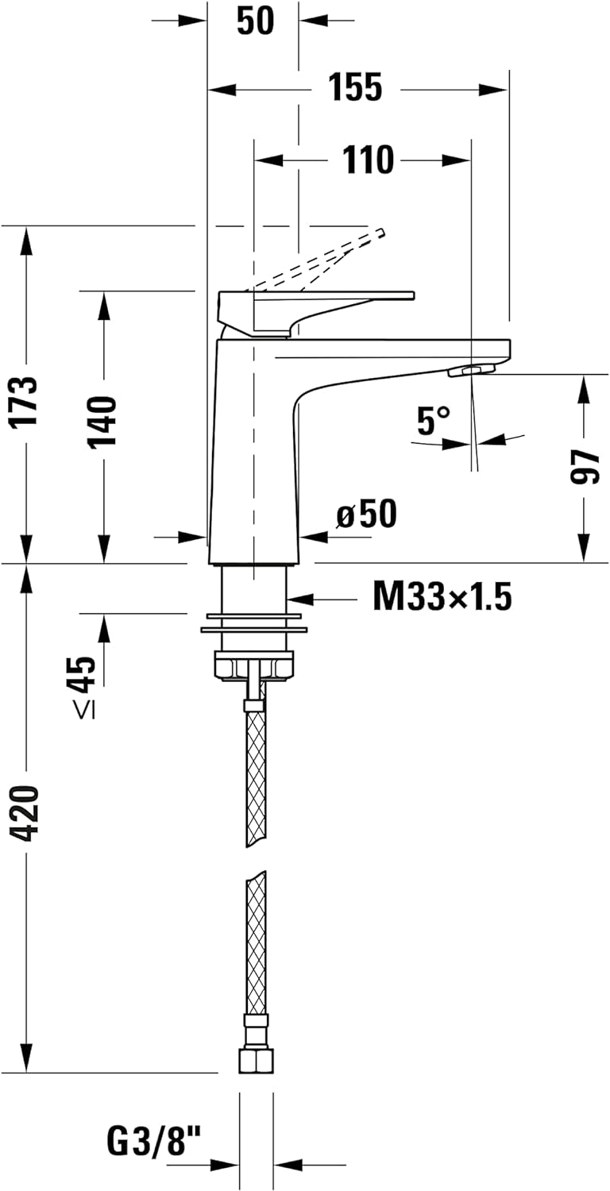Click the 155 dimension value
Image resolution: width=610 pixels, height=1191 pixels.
(356, 88)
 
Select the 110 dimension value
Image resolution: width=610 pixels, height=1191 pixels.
(368, 160)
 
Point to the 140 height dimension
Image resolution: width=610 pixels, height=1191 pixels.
(102, 420)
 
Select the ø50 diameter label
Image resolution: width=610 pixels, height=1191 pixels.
(366, 515)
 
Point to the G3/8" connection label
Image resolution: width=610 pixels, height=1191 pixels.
(155, 1143)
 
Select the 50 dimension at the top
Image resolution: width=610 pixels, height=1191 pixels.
(255, 21)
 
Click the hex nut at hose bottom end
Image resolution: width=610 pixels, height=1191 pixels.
(256, 1060)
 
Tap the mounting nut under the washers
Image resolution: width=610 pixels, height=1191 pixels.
(254, 665)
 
